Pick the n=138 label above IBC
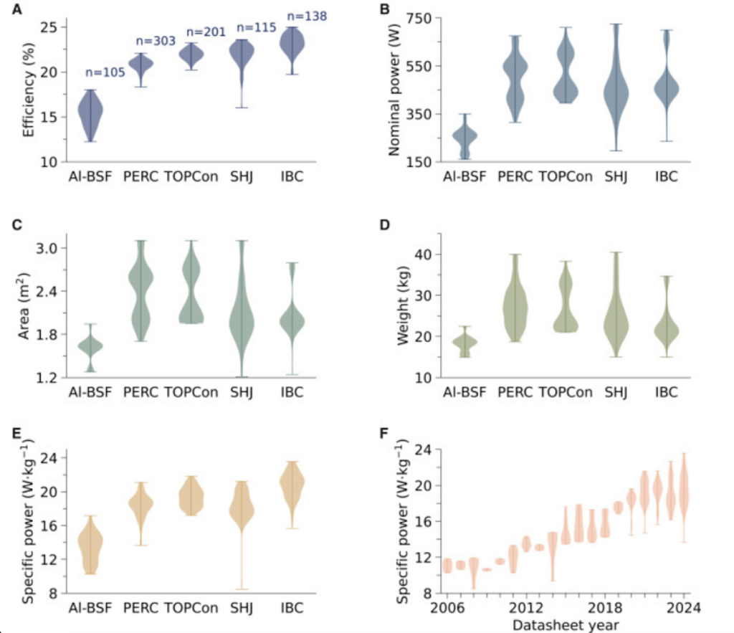pyautogui.click(x=292, y=16)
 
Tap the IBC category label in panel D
pyautogui.click(x=667, y=392)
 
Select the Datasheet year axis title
pyautogui.click(x=565, y=625)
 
